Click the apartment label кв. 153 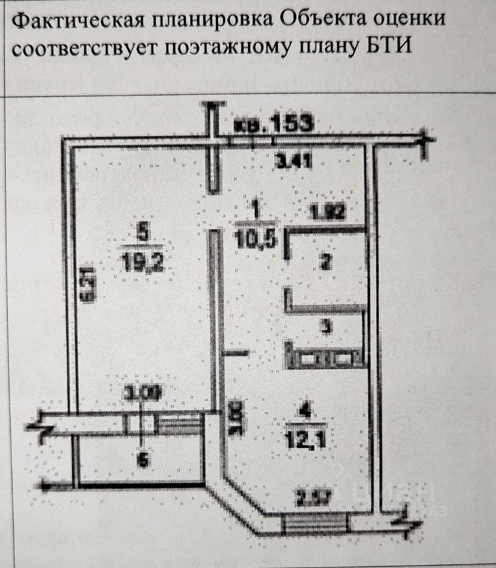pyautogui.click(x=273, y=124)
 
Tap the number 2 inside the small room pyautogui.click(x=324, y=263)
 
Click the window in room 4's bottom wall pyautogui.click(x=313, y=523)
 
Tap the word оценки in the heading pyautogui.click(x=410, y=21)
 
